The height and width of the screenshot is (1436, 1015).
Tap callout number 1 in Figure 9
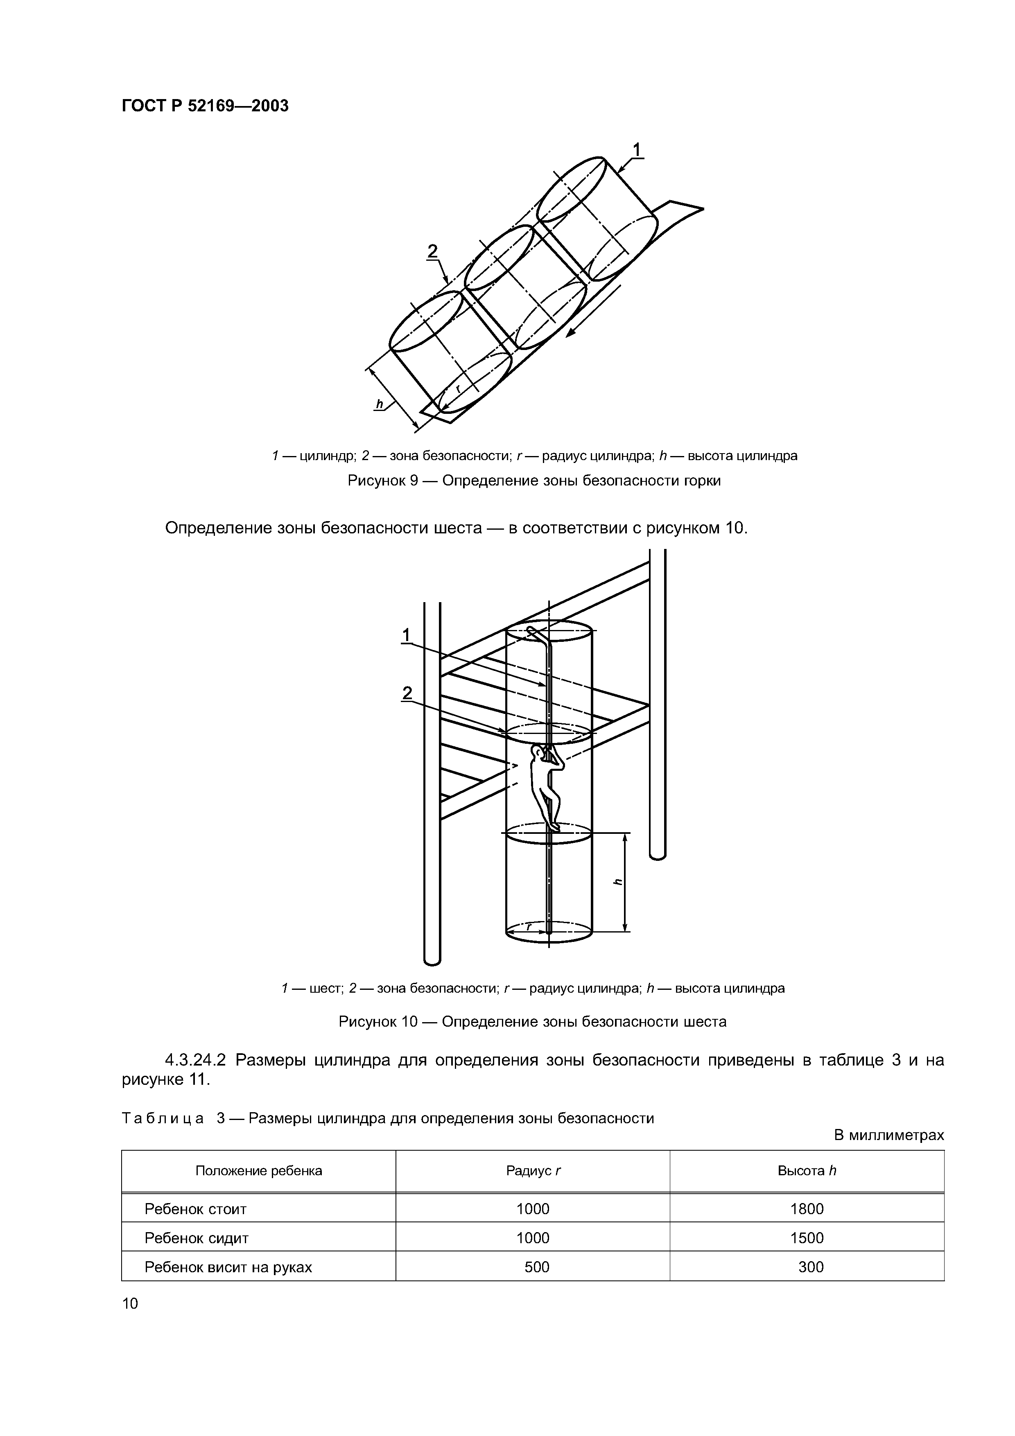(x=637, y=150)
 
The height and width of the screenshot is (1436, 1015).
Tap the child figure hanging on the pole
(x=545, y=787)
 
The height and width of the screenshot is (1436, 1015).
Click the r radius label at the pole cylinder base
(x=529, y=928)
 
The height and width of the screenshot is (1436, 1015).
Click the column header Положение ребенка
(x=258, y=1171)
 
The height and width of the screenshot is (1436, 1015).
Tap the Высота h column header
(x=807, y=1171)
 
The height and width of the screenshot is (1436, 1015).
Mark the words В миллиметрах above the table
(x=888, y=1135)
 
